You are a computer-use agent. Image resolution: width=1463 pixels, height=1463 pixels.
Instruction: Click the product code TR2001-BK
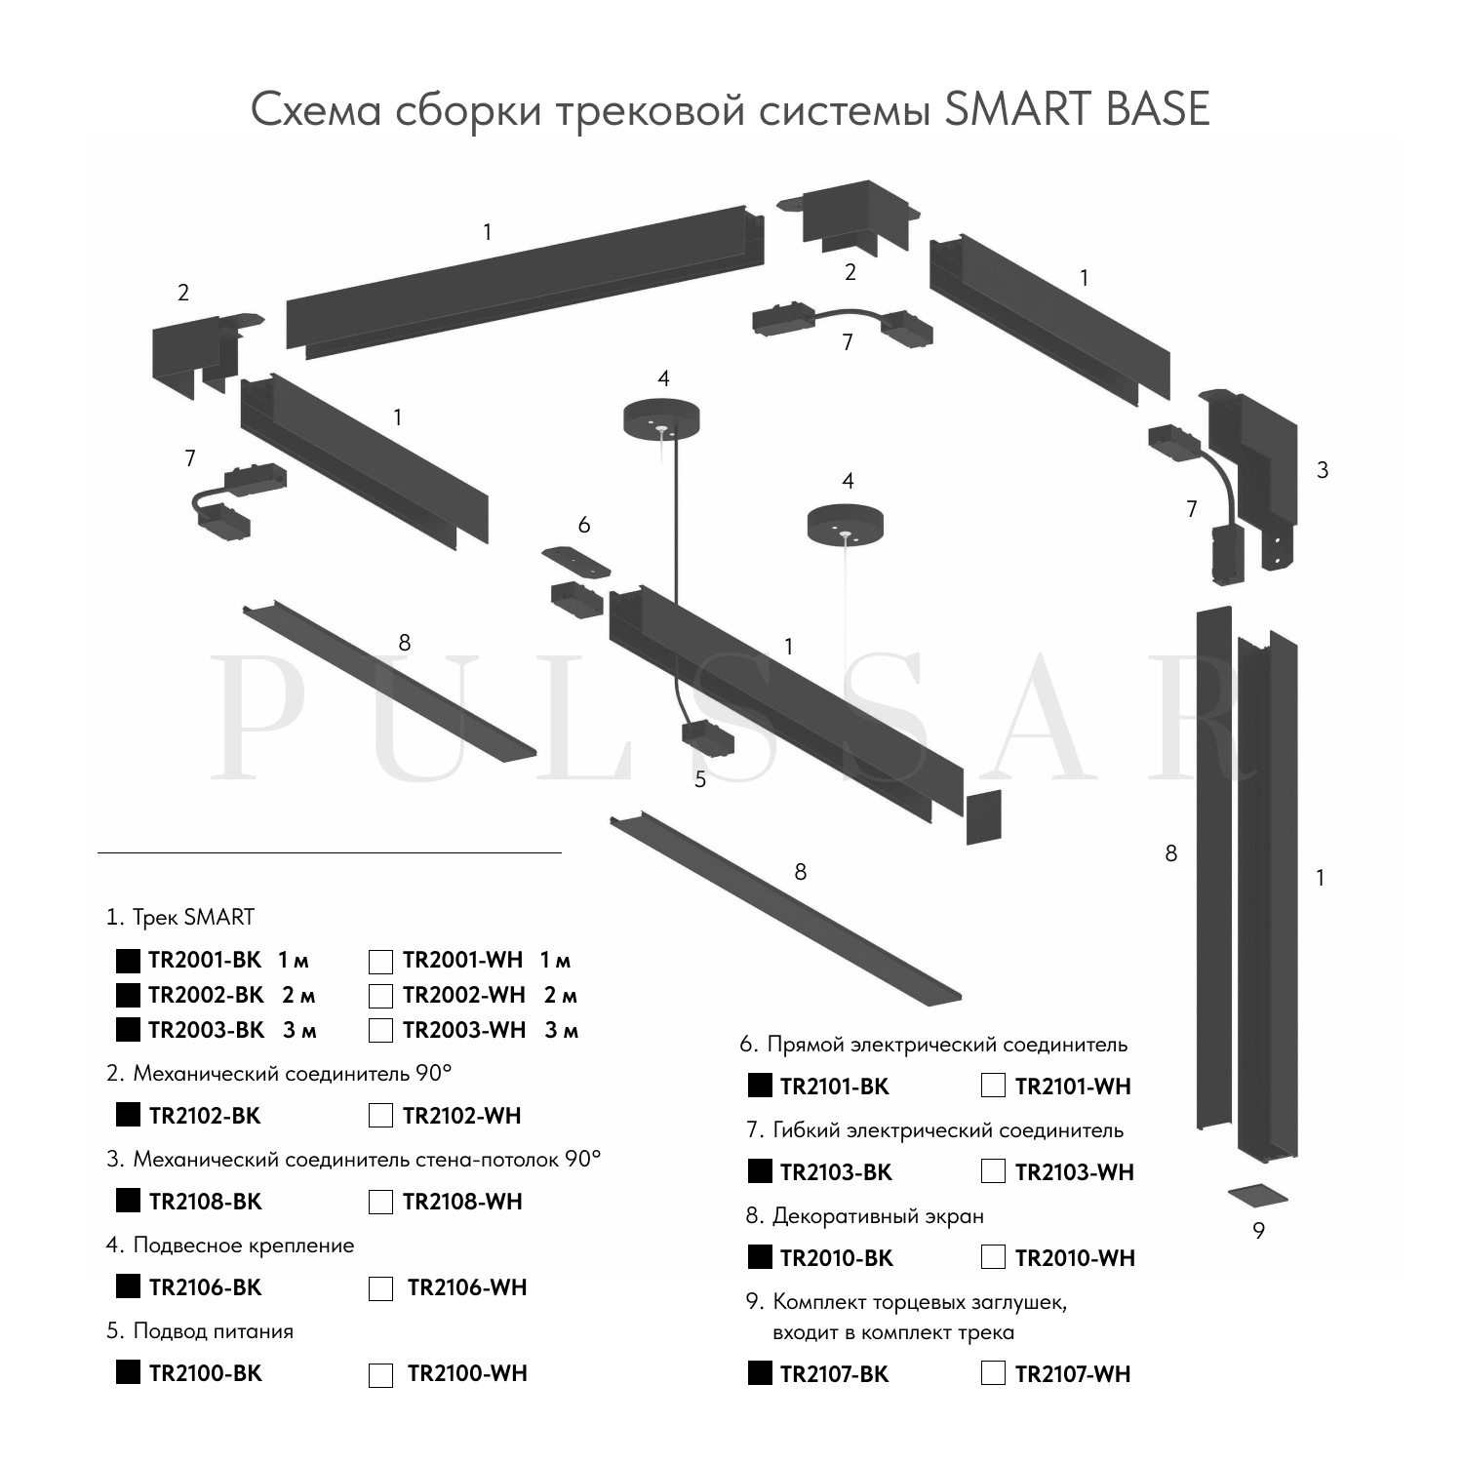click(205, 961)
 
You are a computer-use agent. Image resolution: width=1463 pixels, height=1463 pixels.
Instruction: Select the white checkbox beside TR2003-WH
click(380, 1031)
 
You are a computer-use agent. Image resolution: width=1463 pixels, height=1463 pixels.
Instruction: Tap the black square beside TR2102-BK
click(128, 1115)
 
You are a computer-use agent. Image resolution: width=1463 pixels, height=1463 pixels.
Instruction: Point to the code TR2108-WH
click(462, 1202)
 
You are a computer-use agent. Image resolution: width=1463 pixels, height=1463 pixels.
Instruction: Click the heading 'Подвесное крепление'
click(243, 1246)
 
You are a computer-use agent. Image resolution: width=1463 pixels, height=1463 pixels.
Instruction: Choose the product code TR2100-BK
click(205, 1373)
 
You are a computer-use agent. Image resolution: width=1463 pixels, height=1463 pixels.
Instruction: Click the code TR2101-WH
click(1073, 1087)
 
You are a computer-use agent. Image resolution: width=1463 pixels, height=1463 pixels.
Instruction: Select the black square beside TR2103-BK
click(760, 1171)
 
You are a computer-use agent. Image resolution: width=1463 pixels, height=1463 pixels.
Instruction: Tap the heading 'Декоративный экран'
click(878, 1216)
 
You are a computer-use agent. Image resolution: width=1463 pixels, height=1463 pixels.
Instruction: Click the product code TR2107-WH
click(1073, 1374)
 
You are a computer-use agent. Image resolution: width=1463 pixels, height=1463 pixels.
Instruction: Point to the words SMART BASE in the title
click(1077, 109)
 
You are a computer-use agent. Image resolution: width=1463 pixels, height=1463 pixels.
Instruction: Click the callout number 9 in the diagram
click(1258, 1231)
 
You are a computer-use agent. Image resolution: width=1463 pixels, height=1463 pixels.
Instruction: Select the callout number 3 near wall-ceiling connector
click(1323, 470)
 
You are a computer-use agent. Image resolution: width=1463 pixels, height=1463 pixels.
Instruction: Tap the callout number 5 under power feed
click(700, 779)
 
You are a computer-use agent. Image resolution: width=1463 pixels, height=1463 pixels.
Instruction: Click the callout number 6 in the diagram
click(584, 526)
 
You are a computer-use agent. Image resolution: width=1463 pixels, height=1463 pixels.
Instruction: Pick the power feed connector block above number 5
click(707, 738)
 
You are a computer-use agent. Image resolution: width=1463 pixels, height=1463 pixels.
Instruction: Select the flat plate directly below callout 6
click(576, 561)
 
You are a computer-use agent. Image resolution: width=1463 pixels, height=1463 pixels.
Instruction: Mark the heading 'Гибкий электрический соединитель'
click(947, 1130)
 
